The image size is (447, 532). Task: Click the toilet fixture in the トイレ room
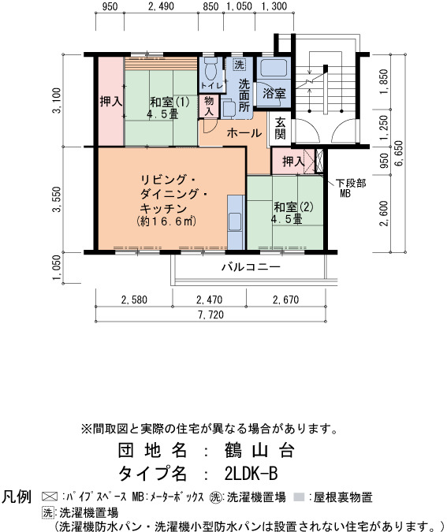(210, 67)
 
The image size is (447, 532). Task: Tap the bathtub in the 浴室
(274, 68)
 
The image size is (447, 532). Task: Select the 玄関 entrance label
(280, 128)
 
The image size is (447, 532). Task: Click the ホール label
(244, 133)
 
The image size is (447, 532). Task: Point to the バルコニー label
(251, 267)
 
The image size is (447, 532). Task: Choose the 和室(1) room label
(169, 102)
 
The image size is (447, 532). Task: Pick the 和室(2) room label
(293, 207)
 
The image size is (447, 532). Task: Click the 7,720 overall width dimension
(210, 314)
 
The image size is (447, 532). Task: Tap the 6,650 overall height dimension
(399, 153)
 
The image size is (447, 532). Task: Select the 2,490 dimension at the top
(161, 6)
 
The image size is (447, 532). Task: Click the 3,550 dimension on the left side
(57, 199)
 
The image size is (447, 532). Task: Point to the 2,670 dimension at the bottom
(286, 300)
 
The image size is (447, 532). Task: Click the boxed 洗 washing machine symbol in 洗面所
(240, 65)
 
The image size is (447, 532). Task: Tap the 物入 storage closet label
(209, 106)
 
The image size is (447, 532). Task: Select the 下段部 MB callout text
(351, 188)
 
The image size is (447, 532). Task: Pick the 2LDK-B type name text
(251, 474)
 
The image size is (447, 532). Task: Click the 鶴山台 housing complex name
(259, 451)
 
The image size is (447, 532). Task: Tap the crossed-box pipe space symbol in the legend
(50, 497)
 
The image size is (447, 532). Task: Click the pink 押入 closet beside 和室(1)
(110, 102)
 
